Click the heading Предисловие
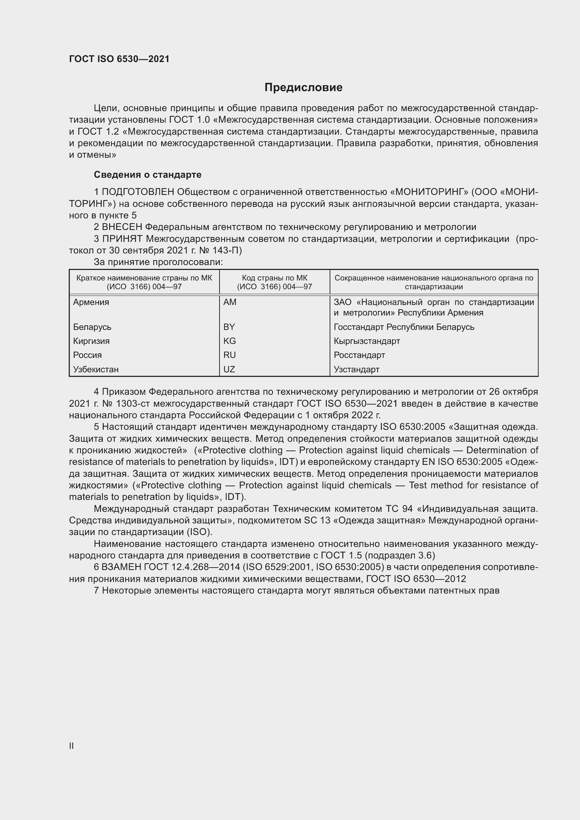coord(303,88)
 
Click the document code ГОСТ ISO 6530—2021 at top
coord(119,59)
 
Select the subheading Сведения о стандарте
coord(148,175)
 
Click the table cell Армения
coord(91,302)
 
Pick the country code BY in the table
coord(229,327)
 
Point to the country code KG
coord(229,341)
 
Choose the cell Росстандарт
coord(359,355)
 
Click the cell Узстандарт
coord(356,369)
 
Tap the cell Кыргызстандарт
coord(367,341)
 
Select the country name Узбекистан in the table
coord(96,369)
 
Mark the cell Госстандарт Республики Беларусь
coord(404,327)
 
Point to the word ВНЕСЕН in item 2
coord(122,227)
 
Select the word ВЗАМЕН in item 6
coord(122,567)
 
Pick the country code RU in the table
coord(229,355)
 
